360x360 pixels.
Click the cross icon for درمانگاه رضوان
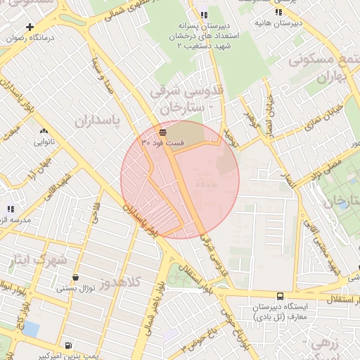[x=30, y=26]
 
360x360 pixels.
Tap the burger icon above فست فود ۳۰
[x=162, y=131]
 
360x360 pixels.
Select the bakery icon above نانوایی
[x=44, y=131]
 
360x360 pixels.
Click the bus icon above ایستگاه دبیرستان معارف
[x=281, y=297]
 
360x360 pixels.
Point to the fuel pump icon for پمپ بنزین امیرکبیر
[x=67, y=345]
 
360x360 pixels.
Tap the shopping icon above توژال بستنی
[x=75, y=277]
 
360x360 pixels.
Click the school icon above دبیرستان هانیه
[x=279, y=12]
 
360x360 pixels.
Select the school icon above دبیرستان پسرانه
[x=204, y=15]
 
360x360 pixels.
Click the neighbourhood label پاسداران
[x=98, y=121]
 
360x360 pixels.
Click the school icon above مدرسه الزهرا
[x=10, y=209]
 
